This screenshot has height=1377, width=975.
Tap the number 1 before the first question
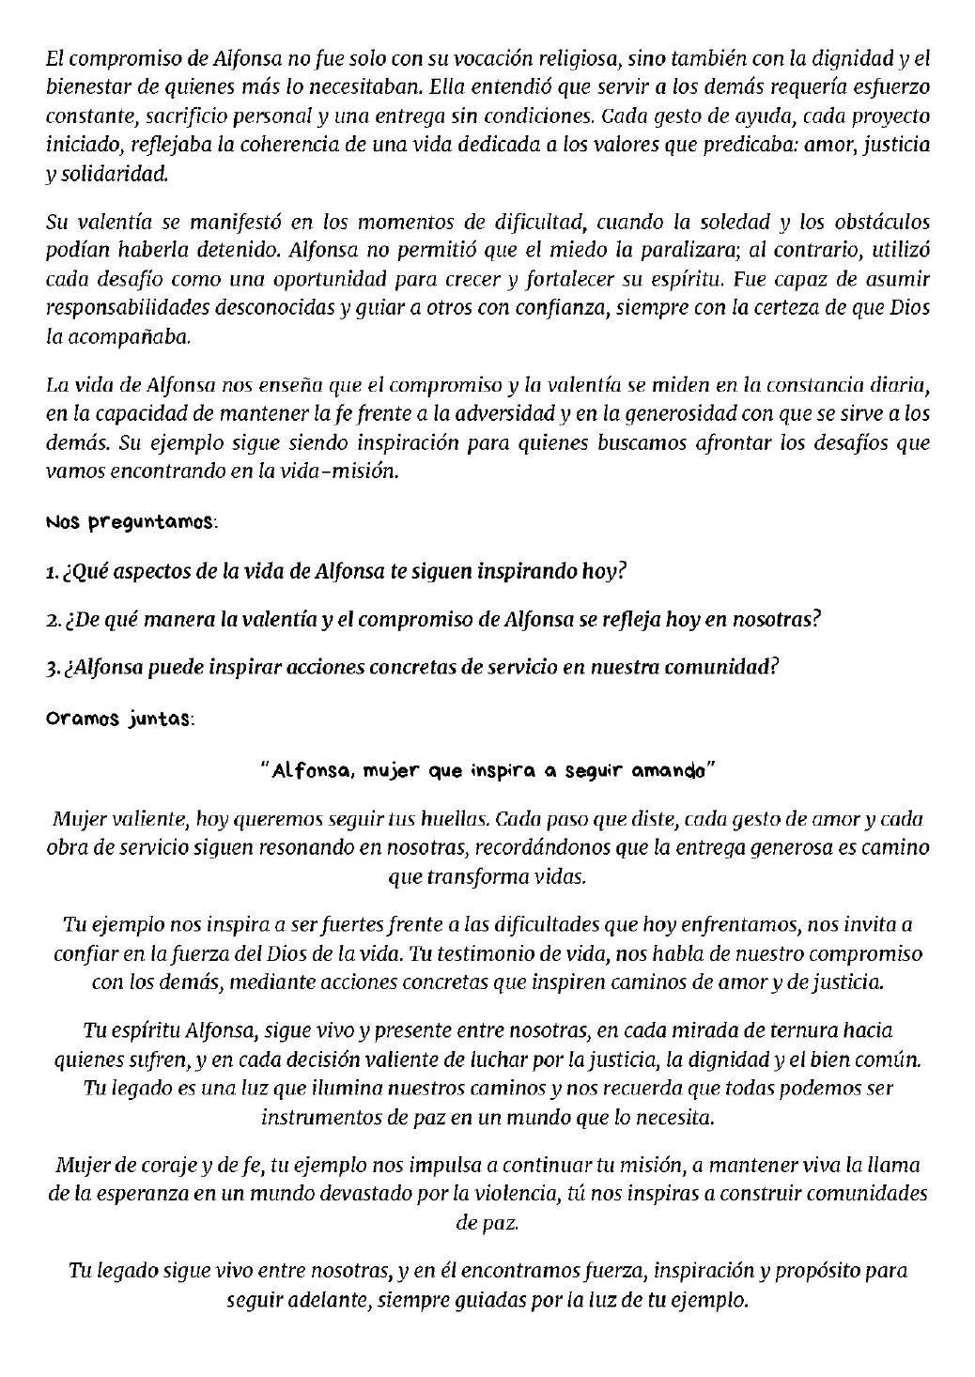50,572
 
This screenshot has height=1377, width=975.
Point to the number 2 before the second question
51,621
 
